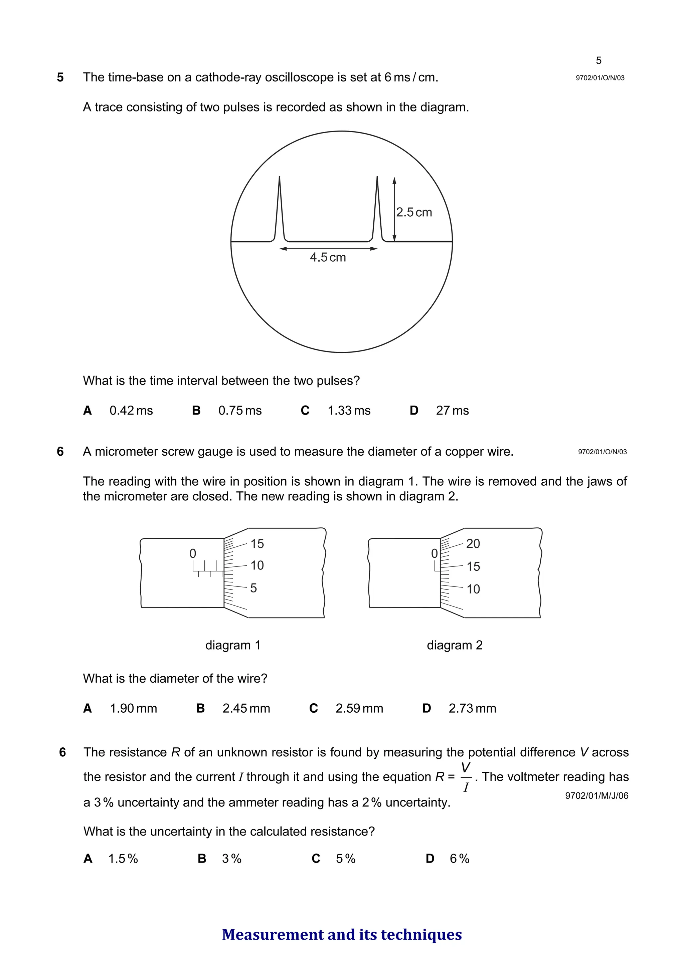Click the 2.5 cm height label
point(414,212)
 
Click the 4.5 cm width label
point(328,257)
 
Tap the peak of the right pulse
point(377,177)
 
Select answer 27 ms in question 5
point(452,411)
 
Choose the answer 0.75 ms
point(239,411)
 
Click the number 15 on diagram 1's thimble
point(257,544)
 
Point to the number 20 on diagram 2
point(473,544)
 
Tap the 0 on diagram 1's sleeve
point(193,553)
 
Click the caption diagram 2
point(454,645)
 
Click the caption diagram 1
point(233,645)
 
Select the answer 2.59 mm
point(359,708)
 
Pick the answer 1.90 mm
point(133,708)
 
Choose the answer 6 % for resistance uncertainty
point(459,859)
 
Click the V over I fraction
point(466,777)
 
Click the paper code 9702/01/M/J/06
point(596,796)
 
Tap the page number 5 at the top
point(598,61)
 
